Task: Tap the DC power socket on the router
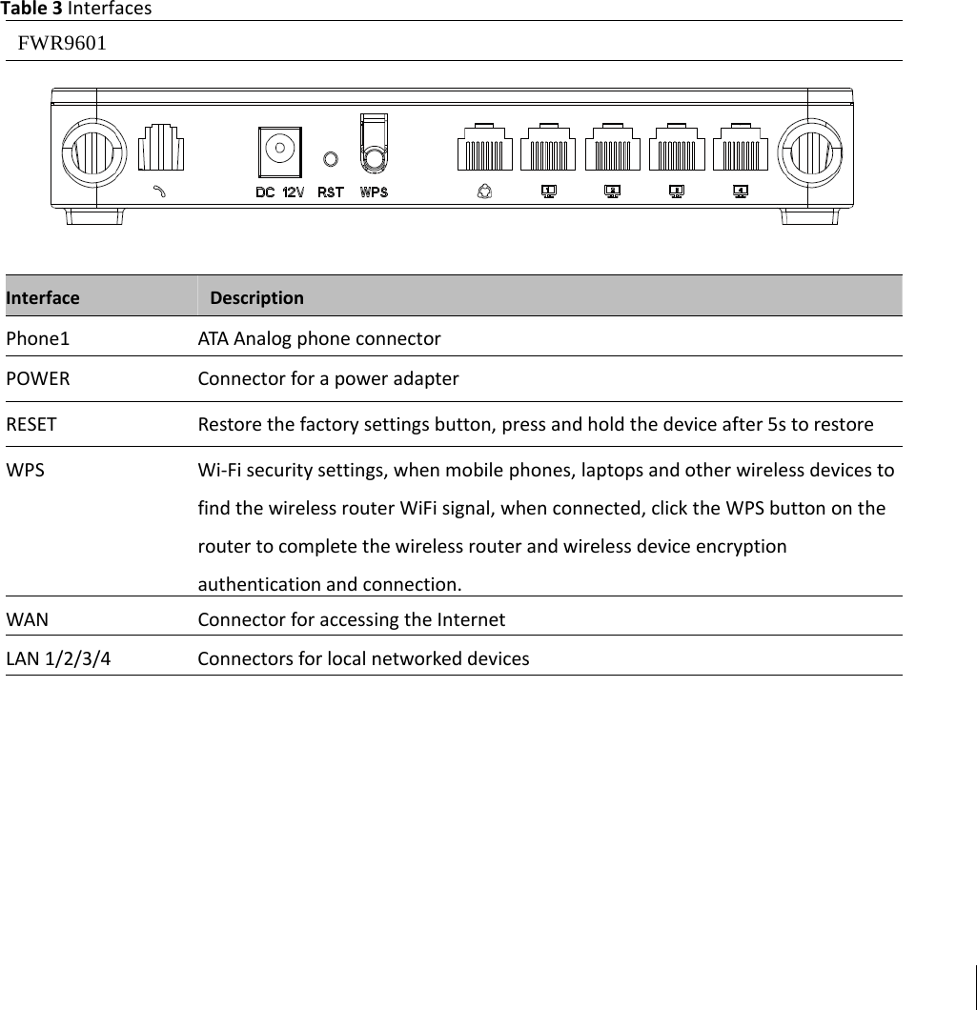(x=279, y=151)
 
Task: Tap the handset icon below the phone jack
(x=160, y=191)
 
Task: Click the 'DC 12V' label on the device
(x=279, y=192)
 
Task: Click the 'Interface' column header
(x=43, y=297)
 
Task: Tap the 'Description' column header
(x=256, y=297)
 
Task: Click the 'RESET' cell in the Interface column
(x=31, y=424)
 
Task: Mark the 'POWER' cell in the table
(x=38, y=378)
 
